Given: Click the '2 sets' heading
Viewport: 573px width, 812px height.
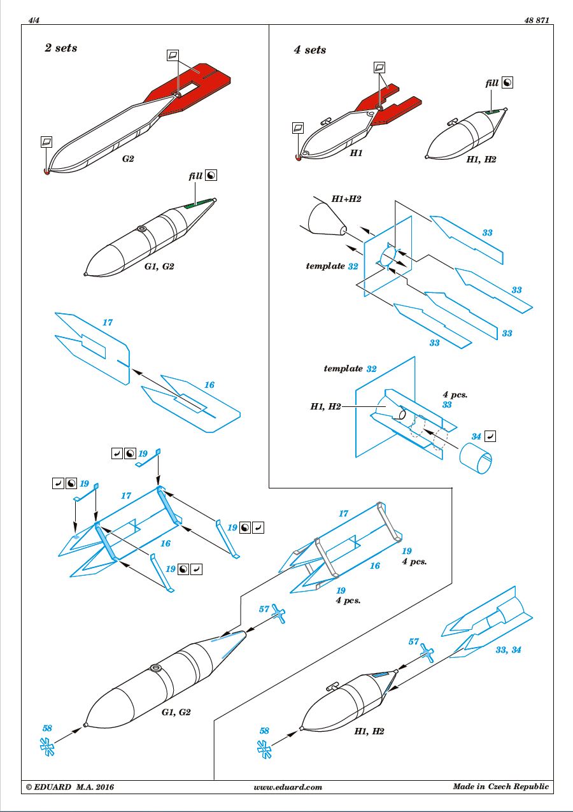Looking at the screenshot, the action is tap(61, 48).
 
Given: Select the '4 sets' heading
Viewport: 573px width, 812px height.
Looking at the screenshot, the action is tap(310, 50).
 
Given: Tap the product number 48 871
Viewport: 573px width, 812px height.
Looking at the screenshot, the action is tap(537, 20).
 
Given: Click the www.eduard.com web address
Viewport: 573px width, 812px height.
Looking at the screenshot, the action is tap(288, 787).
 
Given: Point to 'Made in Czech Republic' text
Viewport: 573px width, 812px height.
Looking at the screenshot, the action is tap(501, 787).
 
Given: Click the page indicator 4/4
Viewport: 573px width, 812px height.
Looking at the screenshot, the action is tap(34, 20).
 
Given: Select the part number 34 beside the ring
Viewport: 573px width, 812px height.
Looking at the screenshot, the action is tap(476, 436).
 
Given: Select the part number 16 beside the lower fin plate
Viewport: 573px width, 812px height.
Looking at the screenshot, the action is tap(209, 385).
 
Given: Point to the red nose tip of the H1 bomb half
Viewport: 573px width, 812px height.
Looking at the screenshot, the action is tap(299, 158).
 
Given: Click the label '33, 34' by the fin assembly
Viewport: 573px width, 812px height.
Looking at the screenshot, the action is tap(508, 650).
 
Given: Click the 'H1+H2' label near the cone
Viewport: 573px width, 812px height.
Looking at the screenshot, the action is tap(346, 199).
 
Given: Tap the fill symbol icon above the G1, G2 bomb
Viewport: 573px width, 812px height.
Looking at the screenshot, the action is tap(211, 175).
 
